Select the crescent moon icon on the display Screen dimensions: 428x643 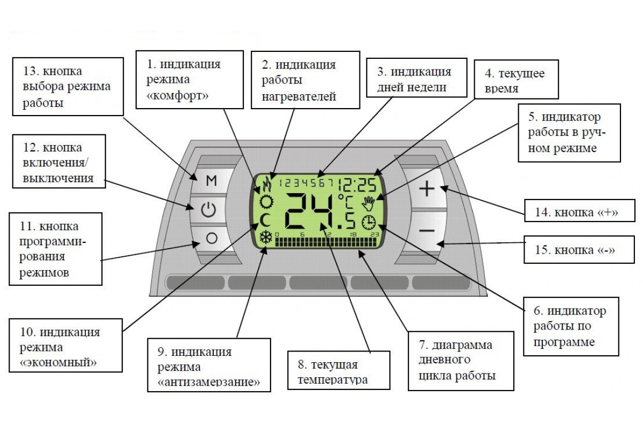(266, 219)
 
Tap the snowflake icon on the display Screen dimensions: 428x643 (266, 237)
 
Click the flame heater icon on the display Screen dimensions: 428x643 (266, 185)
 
